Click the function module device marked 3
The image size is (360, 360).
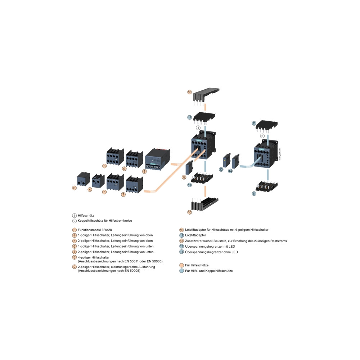[158, 159]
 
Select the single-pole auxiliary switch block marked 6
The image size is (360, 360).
[84, 179]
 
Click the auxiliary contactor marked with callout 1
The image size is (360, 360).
[203, 145]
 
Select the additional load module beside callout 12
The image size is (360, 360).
[189, 168]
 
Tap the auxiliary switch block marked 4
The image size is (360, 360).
[98, 180]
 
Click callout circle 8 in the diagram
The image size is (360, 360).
[104, 166]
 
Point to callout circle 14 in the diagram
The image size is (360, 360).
[230, 171]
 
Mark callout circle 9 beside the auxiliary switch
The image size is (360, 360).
[124, 169]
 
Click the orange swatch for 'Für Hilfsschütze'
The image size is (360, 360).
[181, 265]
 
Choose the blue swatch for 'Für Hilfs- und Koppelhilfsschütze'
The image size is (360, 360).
[181, 271]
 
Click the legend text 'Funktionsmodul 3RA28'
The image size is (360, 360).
[95, 230]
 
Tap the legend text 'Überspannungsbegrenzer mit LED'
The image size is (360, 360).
[210, 246]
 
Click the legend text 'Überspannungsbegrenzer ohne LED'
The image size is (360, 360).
[211, 252]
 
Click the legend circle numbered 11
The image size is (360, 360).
[181, 235]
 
